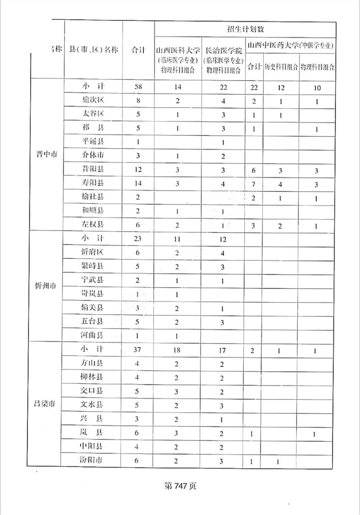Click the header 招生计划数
coord(245,29)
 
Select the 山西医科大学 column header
coord(178,51)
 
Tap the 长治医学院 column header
coord(223,51)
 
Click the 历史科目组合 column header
coord(281,67)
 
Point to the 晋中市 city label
coord(47,154)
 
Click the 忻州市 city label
coord(46,286)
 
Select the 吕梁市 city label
coord(44,404)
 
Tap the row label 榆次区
coord(93,100)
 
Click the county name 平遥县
coord(93,141)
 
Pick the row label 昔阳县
coord(93,169)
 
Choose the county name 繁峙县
coord(92,266)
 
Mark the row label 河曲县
coord(92,335)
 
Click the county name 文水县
coord(91,404)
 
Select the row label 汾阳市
coord(91,460)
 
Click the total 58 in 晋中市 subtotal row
coord(138,87)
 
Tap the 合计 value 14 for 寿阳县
coord(138,183)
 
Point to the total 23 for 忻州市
coord(138,239)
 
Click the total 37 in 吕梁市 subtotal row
coord(137,349)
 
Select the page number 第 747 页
coord(180,486)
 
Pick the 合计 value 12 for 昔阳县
coord(138,170)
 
